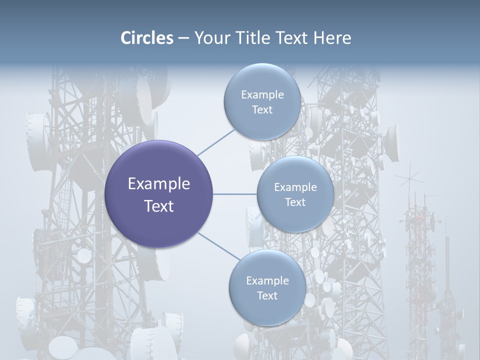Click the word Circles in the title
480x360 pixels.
(146, 38)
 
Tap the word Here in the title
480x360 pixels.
(332, 38)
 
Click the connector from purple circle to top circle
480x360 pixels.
(216, 142)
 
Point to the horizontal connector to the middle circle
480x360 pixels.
(235, 194)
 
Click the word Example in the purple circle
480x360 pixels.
(159, 184)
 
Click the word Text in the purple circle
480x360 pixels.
(159, 206)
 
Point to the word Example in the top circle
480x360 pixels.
(262, 95)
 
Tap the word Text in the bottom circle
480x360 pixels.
(267, 296)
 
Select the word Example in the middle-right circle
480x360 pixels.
(295, 187)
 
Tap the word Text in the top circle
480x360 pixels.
(262, 110)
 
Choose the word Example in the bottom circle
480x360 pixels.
(267, 281)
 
